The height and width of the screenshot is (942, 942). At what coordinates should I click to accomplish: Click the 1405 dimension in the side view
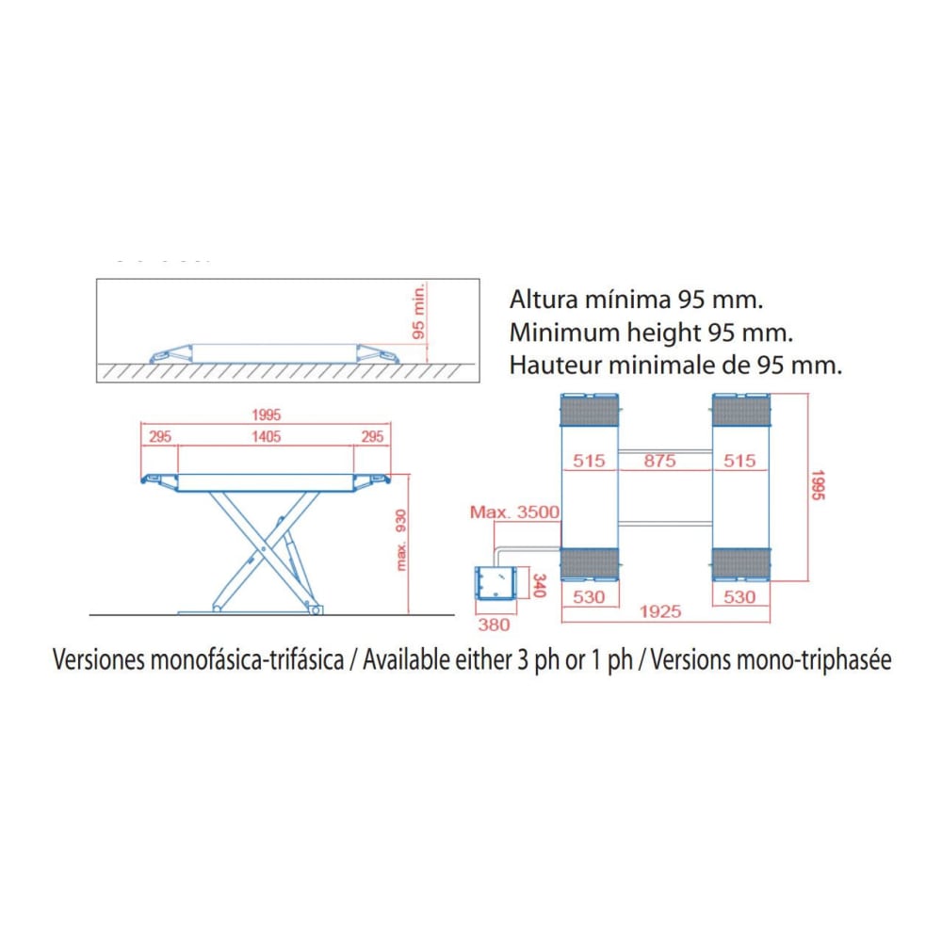[267, 436]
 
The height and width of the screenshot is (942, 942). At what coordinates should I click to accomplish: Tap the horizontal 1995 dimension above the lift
[267, 414]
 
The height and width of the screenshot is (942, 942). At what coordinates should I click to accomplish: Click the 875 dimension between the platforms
[659, 461]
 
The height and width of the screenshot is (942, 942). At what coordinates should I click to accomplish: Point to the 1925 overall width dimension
[660, 611]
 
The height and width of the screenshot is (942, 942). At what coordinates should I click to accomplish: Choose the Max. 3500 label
[514, 512]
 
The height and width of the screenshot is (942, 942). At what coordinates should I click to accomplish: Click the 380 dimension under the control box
[494, 625]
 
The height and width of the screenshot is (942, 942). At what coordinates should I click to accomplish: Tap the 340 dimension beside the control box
[540, 586]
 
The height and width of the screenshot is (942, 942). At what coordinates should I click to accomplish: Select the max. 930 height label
[401, 540]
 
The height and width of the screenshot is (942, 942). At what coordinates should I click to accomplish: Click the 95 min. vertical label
[419, 311]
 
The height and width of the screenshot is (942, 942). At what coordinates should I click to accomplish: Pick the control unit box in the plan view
[495, 582]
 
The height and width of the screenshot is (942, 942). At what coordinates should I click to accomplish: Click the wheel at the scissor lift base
[315, 610]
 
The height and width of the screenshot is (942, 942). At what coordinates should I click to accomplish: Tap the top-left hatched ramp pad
[589, 412]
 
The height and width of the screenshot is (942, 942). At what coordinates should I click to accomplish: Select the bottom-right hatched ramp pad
[740, 563]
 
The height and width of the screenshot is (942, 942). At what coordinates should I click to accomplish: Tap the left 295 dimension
[160, 436]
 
